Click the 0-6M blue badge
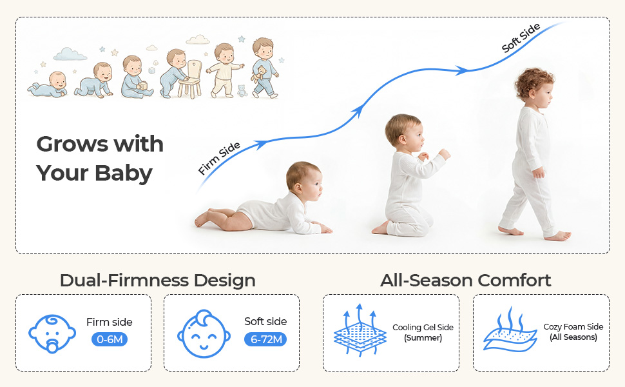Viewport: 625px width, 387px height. (110, 339)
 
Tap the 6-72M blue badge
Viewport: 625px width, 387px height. (266, 339)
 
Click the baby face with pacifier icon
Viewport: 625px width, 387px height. (52, 333)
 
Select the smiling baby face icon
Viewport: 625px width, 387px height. (204, 333)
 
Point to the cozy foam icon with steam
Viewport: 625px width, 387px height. (510, 330)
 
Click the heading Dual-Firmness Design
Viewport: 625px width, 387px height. (157, 280)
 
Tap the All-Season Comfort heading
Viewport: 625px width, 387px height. (466, 280)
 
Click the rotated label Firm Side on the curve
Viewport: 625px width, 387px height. (219, 159)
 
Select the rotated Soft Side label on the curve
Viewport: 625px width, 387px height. (521, 38)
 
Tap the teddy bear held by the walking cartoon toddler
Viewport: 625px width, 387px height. (259, 74)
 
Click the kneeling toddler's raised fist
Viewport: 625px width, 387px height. (444, 154)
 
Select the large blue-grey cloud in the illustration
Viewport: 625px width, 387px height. (70, 54)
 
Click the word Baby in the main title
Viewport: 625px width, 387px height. (124, 174)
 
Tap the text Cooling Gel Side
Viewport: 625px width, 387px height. (423, 327)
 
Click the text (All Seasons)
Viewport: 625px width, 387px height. (573, 337)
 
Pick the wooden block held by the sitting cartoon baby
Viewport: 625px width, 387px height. (142, 86)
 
